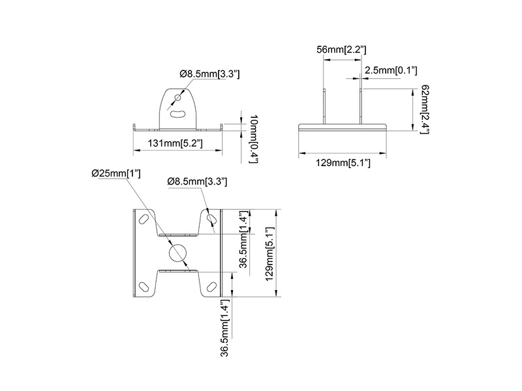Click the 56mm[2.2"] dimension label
click(341, 50)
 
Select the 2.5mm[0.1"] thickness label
click(391, 70)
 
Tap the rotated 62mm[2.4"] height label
click(425, 109)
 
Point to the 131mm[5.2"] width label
click(176, 143)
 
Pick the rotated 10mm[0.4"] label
click(254, 139)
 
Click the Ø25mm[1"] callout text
click(116, 173)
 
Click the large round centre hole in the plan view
click(178, 253)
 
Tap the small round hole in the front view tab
click(178, 98)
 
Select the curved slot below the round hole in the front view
click(178, 114)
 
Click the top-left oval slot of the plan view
click(144, 219)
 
